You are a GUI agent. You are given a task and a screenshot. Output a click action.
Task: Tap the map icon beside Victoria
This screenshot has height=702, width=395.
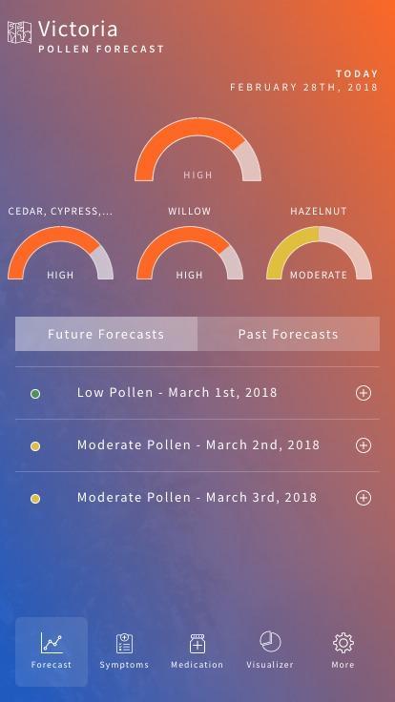click(x=19, y=32)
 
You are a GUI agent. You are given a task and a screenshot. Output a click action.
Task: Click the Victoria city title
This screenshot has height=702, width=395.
click(x=78, y=30)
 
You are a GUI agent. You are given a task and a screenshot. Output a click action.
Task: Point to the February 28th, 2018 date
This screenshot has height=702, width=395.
click(x=303, y=87)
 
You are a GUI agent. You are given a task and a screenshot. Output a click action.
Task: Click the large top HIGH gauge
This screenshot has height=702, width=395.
click(x=197, y=150)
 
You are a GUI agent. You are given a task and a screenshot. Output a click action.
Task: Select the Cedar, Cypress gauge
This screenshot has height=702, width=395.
click(x=60, y=254)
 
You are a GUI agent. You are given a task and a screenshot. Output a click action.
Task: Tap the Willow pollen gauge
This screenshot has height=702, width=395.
click(x=190, y=254)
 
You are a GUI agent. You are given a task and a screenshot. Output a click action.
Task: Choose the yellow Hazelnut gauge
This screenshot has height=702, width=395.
click(x=319, y=254)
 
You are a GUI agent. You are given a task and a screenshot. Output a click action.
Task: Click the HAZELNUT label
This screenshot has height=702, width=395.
click(x=319, y=211)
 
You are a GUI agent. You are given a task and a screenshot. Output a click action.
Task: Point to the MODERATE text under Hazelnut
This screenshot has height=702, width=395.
click(x=319, y=275)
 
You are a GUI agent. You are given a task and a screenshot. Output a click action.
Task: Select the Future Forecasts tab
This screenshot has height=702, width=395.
click(x=106, y=334)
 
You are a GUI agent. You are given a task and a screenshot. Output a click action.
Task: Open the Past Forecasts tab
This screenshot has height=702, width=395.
click(x=288, y=334)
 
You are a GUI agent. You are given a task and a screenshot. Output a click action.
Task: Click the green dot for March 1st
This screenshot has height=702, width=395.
click(x=35, y=393)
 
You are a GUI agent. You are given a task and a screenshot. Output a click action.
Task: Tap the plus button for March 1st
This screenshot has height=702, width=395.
click(x=363, y=393)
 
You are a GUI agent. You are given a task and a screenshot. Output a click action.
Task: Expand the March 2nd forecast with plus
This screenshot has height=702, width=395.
click(x=363, y=445)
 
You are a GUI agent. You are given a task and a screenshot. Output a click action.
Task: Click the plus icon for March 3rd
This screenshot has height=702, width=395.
click(x=363, y=498)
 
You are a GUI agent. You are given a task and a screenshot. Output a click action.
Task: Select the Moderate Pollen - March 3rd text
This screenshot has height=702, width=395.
click(x=197, y=497)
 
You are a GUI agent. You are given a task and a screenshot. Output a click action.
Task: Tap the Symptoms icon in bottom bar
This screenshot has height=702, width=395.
click(x=124, y=643)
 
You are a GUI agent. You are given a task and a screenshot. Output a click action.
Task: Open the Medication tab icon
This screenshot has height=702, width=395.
click(x=197, y=643)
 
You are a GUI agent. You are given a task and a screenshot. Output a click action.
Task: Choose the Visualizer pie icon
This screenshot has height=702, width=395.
click(x=270, y=642)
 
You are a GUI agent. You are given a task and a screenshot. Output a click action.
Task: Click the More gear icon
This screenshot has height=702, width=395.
click(x=343, y=643)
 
